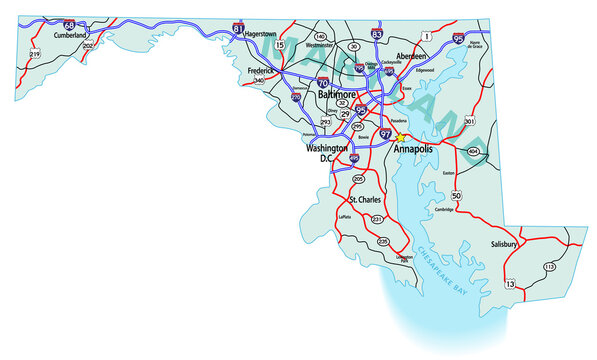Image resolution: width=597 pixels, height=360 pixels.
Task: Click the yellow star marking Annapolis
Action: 399,138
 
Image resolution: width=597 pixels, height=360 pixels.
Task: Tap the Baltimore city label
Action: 337,94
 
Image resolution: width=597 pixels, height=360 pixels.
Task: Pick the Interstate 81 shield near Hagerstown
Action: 237,29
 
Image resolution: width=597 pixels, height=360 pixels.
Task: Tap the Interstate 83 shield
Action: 376,34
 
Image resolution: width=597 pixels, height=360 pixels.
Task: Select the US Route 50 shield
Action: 456,196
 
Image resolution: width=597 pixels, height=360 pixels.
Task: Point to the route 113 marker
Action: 549,267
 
